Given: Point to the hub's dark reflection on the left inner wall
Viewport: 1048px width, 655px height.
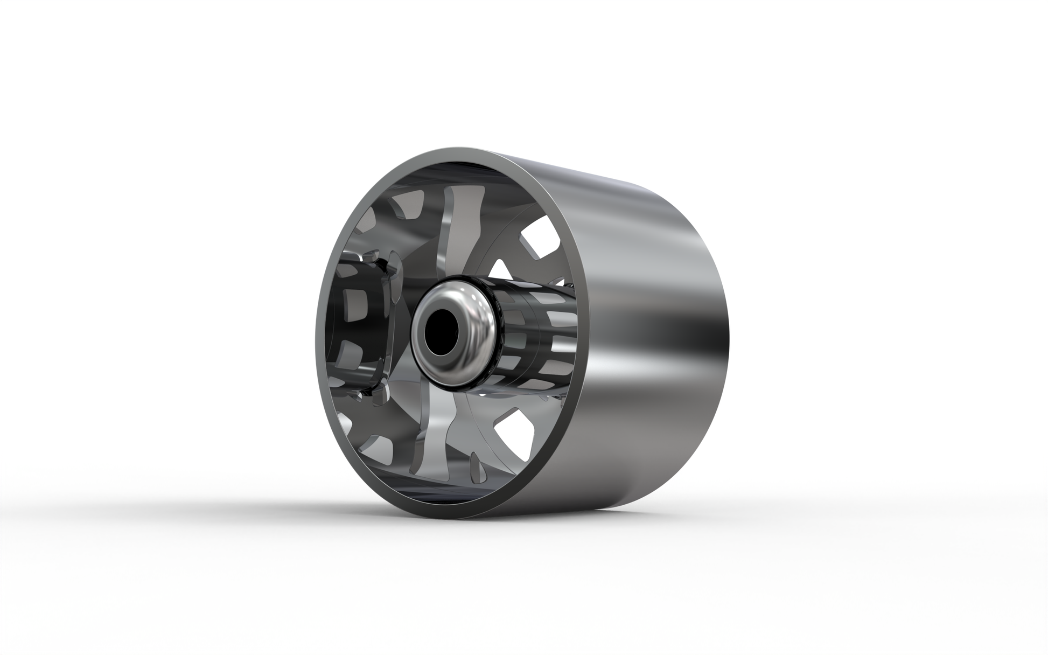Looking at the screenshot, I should tap(358, 323).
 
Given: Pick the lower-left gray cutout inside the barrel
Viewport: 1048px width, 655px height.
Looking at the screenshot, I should tap(377, 458).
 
